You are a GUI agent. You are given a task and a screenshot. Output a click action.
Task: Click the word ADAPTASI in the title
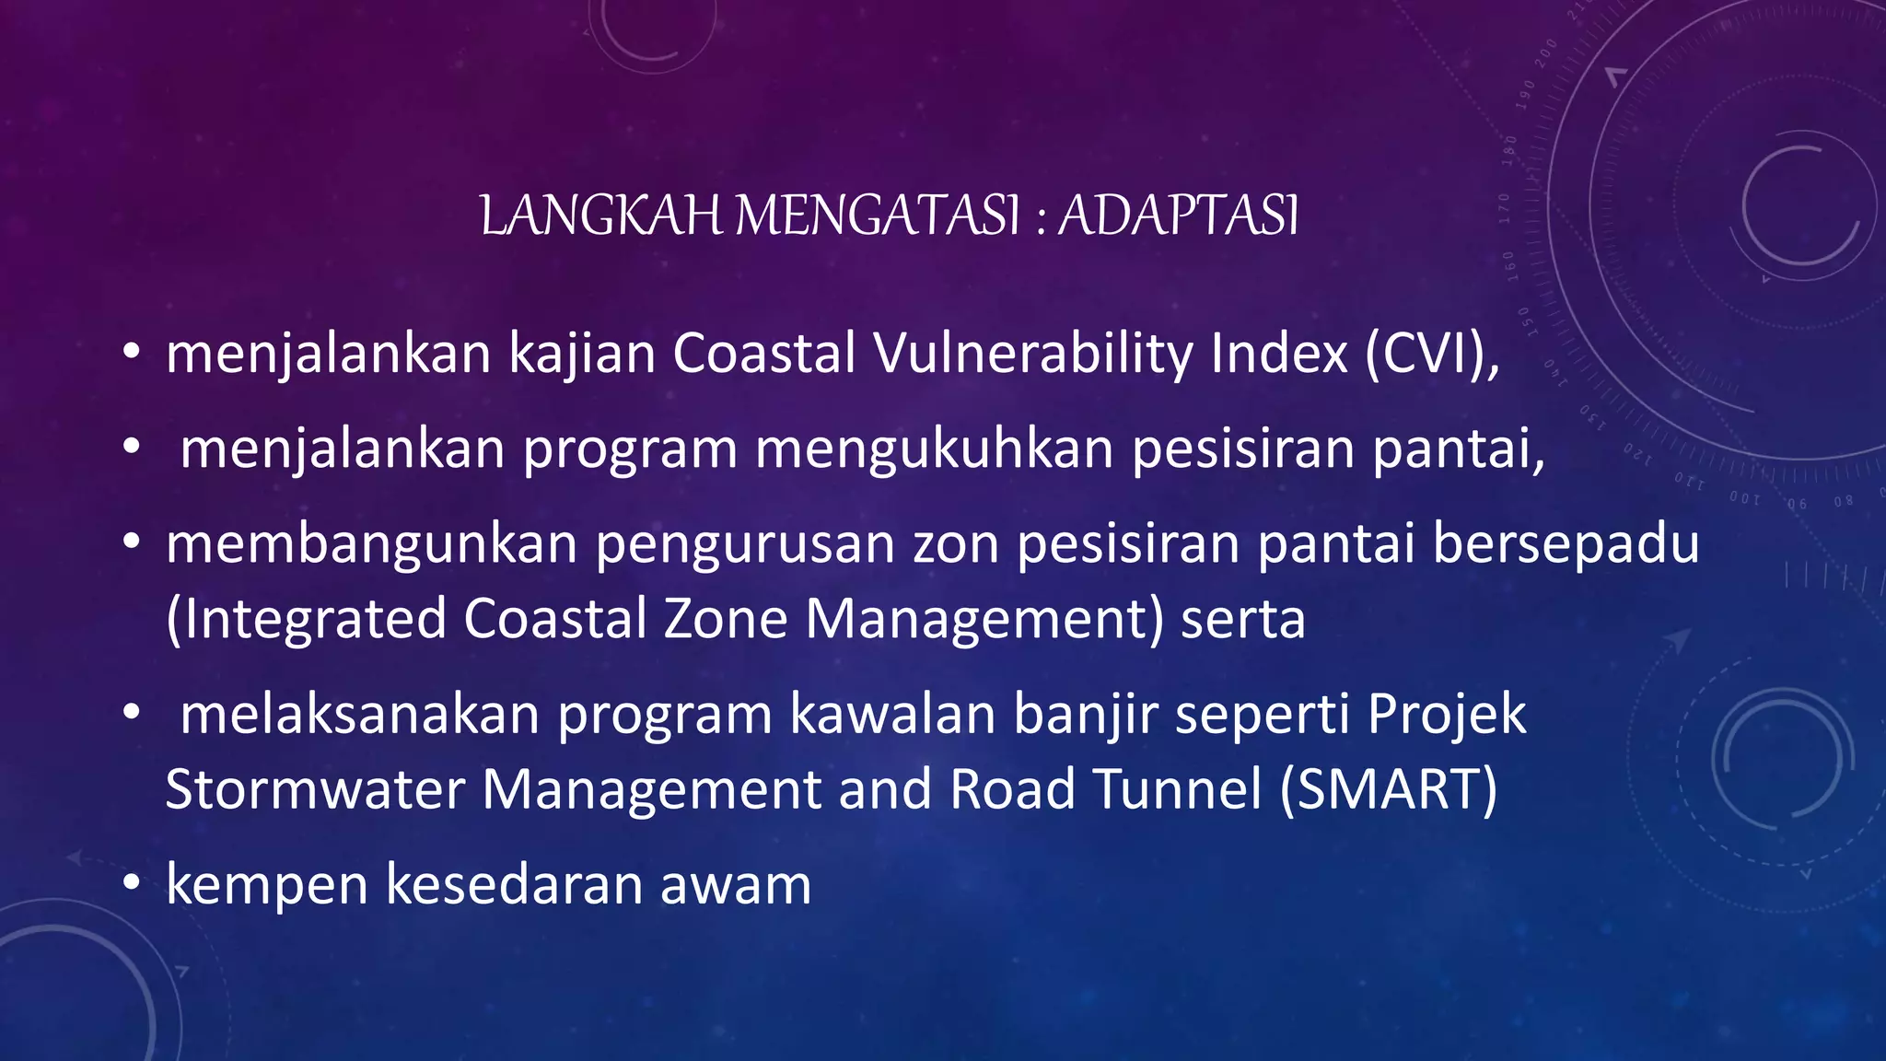tap(1178, 216)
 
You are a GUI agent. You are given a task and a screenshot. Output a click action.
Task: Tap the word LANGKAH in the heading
tap(601, 216)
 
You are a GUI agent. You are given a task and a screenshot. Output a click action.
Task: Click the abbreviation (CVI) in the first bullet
tap(1431, 354)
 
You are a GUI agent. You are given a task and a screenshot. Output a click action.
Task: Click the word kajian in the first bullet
tap(581, 354)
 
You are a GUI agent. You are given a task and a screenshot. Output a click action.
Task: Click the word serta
tap(1242, 619)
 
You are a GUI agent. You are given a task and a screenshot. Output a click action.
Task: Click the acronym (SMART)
tap(1389, 790)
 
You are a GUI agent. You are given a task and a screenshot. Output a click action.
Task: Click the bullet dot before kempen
tap(132, 885)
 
